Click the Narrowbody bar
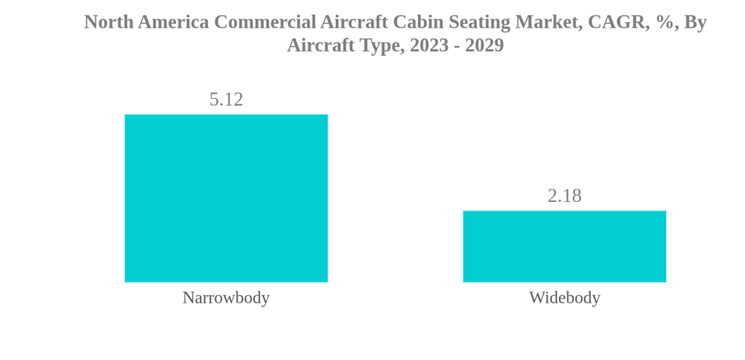point(226,198)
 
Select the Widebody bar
point(564,247)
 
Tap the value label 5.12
point(226,99)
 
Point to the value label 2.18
point(564,195)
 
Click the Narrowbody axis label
point(226,297)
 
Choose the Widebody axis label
point(564,297)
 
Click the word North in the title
point(108,22)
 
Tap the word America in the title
point(174,22)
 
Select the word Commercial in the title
point(265,22)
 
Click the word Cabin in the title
point(411,22)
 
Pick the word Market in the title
point(548,22)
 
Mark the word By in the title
point(695,22)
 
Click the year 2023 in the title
point(430,45)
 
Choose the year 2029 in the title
point(484,45)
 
